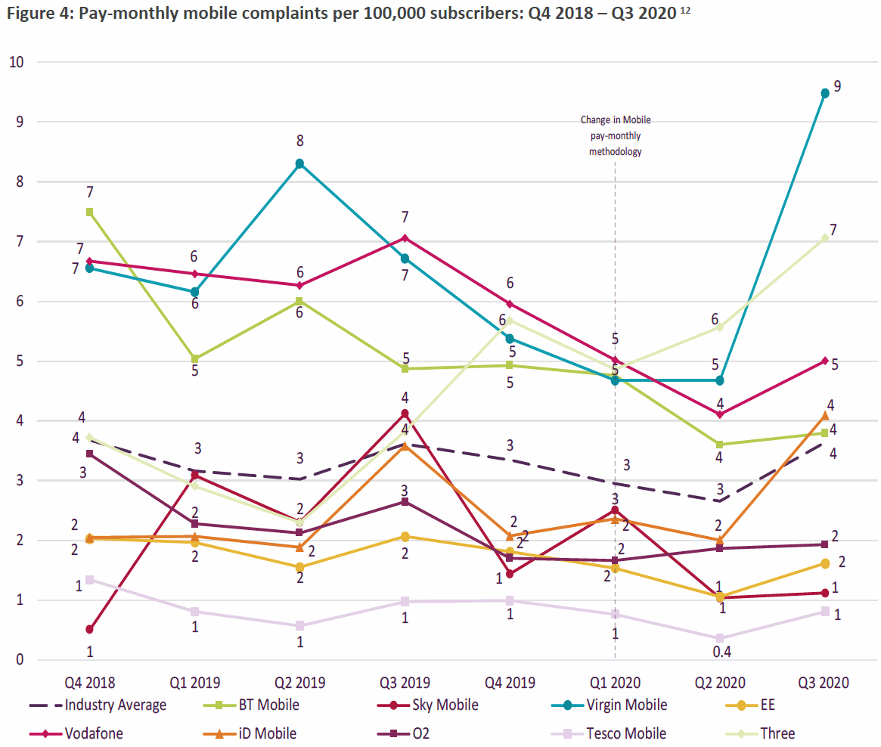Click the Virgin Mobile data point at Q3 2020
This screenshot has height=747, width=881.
[x=825, y=93]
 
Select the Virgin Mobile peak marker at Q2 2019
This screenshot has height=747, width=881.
[x=300, y=163]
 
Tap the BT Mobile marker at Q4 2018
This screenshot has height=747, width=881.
[x=90, y=212]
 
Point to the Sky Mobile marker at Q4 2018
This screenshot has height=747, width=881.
[x=90, y=629]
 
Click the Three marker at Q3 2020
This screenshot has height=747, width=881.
[x=825, y=237]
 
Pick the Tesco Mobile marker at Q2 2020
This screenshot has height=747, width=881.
[x=720, y=638]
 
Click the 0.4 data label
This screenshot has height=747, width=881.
[x=720, y=650]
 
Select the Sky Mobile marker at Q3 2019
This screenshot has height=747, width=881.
[x=405, y=414]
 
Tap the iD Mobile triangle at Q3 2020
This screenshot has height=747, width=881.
[x=825, y=415]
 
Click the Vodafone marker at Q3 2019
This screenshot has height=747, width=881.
[x=405, y=238]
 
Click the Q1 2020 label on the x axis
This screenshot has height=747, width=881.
[x=615, y=683]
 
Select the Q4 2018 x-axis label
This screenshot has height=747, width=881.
[x=90, y=683]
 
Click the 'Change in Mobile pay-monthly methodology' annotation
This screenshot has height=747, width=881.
[x=615, y=135]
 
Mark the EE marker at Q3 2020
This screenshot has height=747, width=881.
[x=825, y=563]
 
